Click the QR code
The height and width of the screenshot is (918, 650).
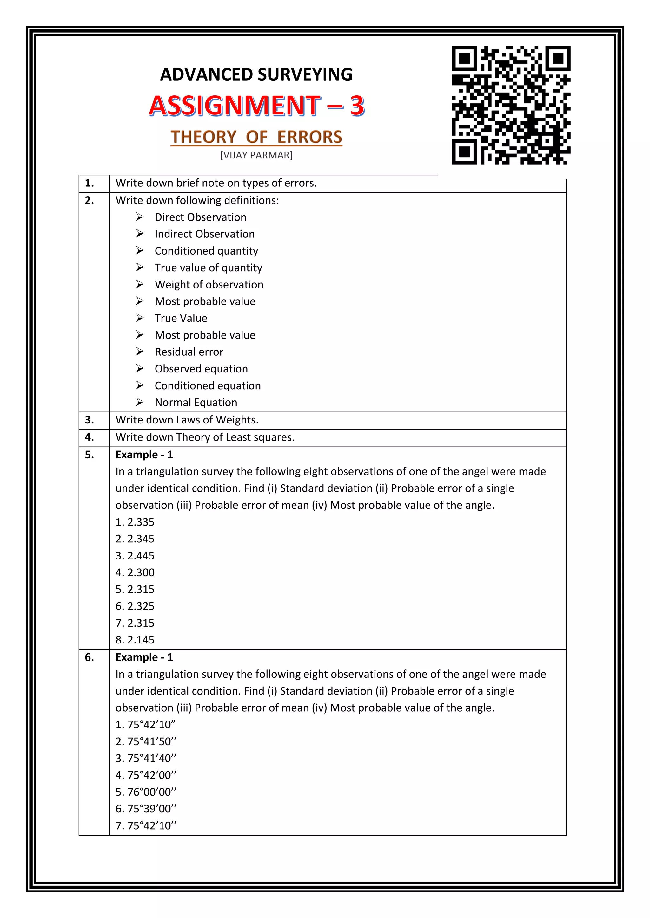[x=511, y=105]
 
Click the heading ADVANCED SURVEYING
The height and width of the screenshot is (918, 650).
[x=256, y=74]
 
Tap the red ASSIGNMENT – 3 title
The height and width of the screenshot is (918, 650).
[x=256, y=106]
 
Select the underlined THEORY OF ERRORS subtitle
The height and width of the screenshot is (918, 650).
[x=256, y=137]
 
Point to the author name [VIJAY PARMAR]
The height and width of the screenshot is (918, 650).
[x=256, y=155]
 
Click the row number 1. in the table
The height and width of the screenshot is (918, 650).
[x=90, y=183]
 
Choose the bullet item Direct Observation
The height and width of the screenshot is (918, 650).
[x=201, y=217]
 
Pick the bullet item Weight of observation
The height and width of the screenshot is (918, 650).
[x=209, y=285]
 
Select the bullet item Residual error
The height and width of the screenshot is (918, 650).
[x=189, y=352]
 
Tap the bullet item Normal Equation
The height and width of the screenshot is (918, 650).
[x=196, y=402]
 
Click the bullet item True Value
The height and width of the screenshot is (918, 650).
[x=181, y=318]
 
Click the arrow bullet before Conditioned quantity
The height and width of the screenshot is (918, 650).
[x=140, y=250]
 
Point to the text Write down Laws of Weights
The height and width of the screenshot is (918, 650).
[x=187, y=420]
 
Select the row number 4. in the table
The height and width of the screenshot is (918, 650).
[x=90, y=437]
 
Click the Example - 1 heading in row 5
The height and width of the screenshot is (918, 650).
[x=144, y=455]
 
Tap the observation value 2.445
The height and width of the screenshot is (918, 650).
[x=141, y=556]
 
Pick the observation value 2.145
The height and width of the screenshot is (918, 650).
[x=141, y=640]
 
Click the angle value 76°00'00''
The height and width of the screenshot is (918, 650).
[x=152, y=792]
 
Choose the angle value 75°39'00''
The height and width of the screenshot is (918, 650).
[x=152, y=808]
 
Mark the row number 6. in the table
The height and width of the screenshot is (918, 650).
[x=90, y=657]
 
